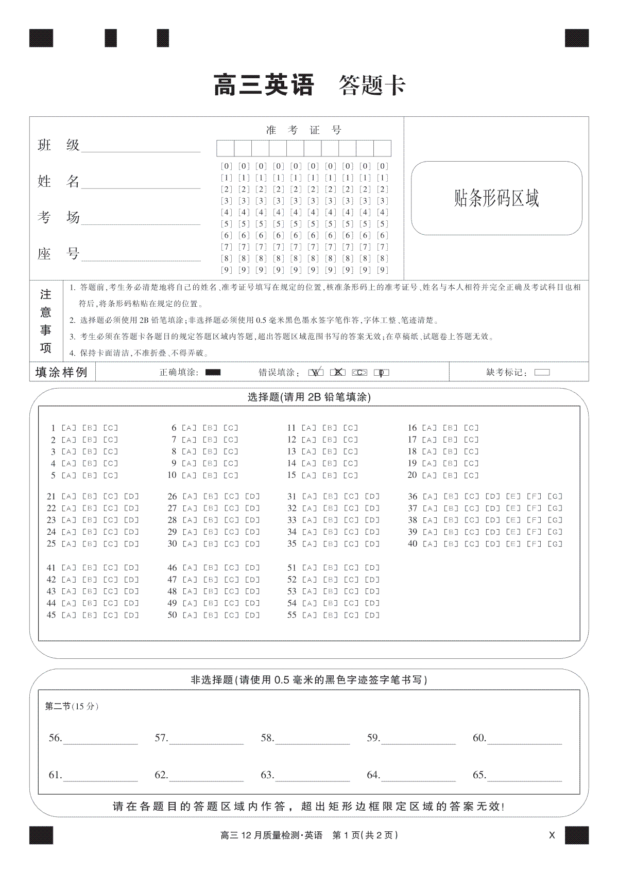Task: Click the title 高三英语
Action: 263,85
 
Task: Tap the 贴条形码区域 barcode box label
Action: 496,198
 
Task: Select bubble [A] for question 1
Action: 68,428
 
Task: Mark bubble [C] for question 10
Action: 231,475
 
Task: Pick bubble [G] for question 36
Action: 555,497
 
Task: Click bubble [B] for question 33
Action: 331,520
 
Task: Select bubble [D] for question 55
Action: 372,615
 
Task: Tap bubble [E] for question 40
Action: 513,544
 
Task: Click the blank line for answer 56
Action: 100,739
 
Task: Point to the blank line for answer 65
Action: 524,776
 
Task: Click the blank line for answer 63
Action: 312,776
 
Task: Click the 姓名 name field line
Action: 141,183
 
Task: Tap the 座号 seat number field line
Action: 141,255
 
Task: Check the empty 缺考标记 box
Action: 542,372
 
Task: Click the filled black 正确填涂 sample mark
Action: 213,372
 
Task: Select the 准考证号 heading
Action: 303,130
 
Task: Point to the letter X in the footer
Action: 552,835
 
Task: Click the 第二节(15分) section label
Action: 72,706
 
